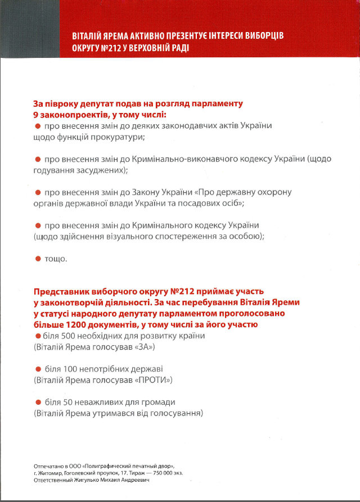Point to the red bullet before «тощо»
point(38,259)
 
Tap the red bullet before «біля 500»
point(38,336)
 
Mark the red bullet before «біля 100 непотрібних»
point(38,369)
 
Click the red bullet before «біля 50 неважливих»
point(38,402)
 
